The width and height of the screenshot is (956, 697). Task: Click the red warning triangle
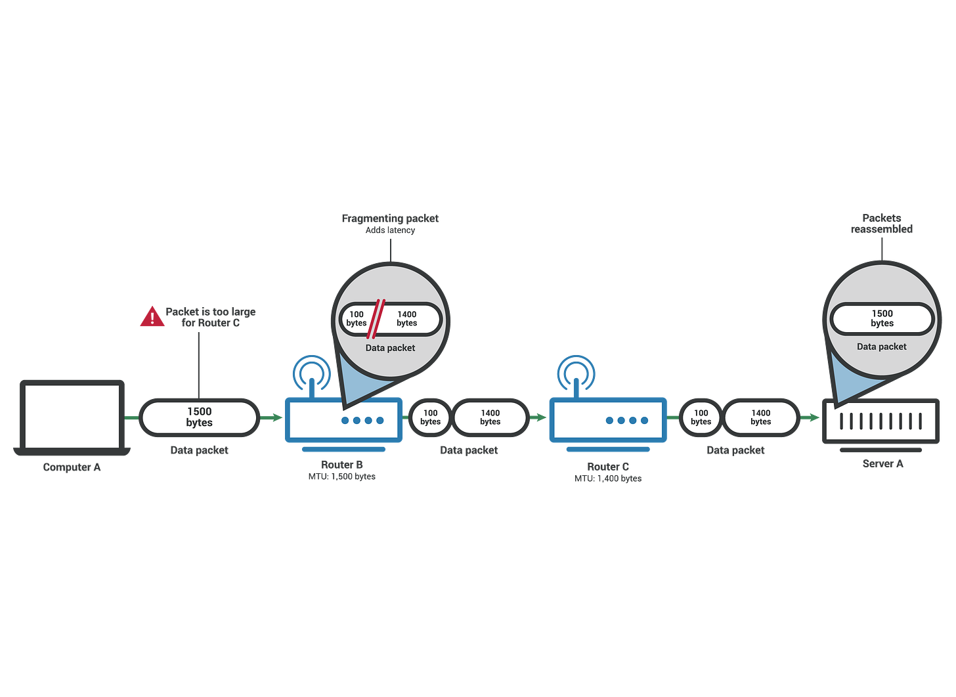[152, 318]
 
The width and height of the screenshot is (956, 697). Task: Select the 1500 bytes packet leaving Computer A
[199, 417]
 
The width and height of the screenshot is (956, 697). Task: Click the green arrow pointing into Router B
[271, 417]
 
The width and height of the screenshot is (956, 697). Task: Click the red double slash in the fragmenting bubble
[376, 317]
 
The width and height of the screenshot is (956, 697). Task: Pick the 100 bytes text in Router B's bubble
[357, 318]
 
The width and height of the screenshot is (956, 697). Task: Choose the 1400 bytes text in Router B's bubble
[407, 318]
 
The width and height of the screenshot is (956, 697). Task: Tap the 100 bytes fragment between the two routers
[430, 417]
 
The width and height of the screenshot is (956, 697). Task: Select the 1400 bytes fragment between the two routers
[490, 417]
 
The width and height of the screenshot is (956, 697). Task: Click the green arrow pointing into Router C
[538, 417]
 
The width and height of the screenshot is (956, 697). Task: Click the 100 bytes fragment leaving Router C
[701, 417]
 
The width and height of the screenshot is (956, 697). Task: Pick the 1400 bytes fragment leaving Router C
[761, 417]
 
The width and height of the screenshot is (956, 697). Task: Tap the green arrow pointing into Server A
[812, 417]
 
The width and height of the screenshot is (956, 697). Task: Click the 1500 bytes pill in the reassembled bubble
[882, 319]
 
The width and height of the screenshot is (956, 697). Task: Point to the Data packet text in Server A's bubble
[881, 347]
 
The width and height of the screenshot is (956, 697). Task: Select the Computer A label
[72, 468]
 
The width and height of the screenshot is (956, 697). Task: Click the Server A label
[882, 463]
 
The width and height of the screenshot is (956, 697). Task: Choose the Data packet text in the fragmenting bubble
[390, 348]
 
